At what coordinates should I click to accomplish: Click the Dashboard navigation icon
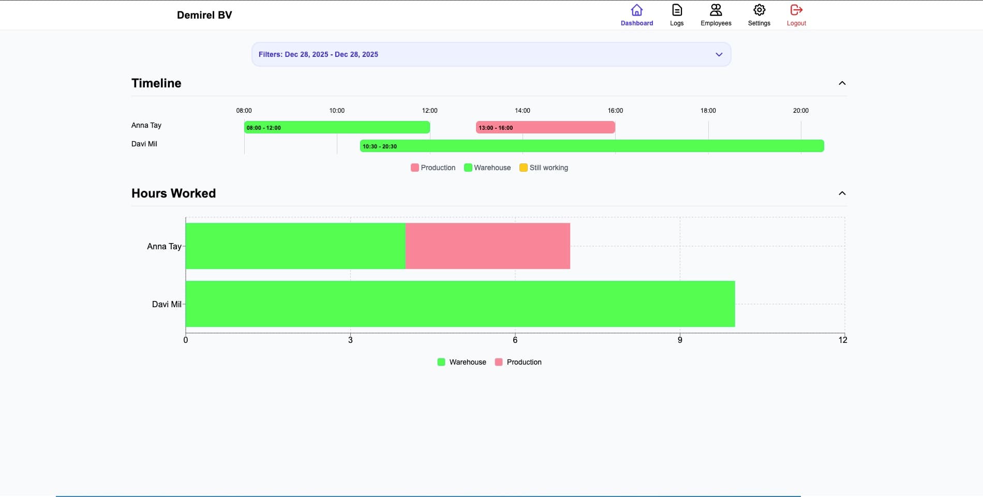click(637, 10)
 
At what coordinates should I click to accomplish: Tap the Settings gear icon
click(759, 10)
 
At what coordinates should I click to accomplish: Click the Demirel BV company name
click(204, 15)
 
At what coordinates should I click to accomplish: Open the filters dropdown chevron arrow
click(719, 55)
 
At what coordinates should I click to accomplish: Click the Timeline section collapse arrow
click(842, 83)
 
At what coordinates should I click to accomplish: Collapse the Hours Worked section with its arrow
click(842, 193)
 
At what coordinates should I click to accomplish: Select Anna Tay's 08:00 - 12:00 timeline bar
click(337, 127)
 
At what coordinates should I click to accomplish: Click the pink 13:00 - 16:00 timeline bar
click(545, 127)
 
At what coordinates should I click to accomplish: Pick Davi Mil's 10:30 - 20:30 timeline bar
click(592, 146)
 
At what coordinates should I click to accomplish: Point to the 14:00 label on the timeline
click(522, 111)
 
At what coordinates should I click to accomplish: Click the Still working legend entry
click(544, 168)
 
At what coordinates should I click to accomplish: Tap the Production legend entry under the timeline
click(433, 168)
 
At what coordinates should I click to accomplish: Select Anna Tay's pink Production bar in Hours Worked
click(487, 246)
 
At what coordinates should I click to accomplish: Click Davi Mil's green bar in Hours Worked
click(460, 304)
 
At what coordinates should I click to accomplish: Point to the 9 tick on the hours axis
click(680, 340)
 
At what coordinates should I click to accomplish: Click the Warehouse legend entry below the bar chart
click(462, 362)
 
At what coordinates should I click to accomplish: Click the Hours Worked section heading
click(173, 193)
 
